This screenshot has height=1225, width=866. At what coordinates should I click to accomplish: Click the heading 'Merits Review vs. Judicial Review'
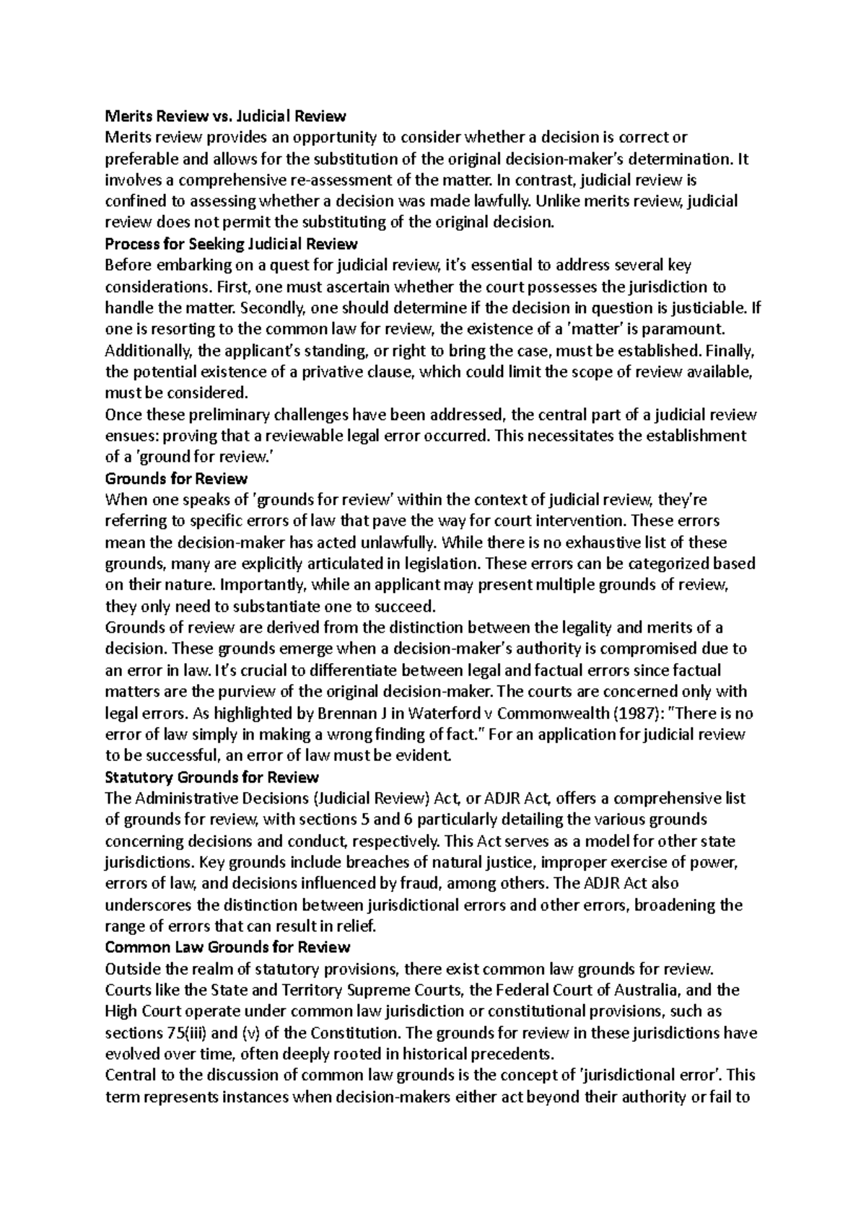click(225, 115)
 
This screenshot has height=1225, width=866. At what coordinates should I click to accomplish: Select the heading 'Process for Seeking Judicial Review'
click(231, 243)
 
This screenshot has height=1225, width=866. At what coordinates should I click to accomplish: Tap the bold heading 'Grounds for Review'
click(176, 478)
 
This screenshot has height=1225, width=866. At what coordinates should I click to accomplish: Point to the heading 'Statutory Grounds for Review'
click(211, 778)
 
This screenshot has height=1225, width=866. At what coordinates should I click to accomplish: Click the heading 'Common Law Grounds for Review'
click(227, 947)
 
